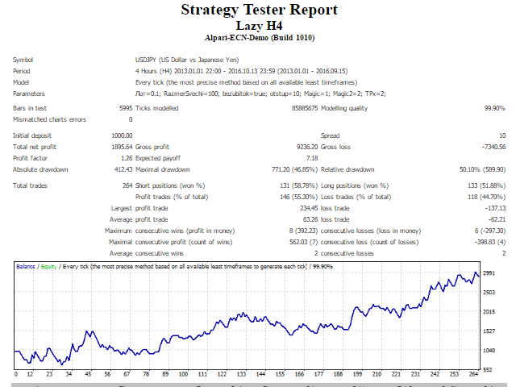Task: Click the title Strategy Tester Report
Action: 258,10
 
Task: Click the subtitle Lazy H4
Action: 258,25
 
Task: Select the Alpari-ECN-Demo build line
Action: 258,37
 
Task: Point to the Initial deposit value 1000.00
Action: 122,135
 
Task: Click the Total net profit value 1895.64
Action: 122,147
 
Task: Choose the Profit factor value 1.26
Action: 127,158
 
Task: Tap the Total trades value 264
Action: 127,185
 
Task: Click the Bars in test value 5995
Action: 124,108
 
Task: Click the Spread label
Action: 331,135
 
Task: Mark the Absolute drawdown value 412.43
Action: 123,169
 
